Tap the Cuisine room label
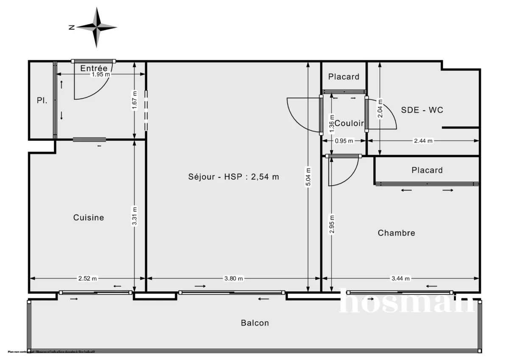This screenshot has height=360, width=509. click(x=89, y=218)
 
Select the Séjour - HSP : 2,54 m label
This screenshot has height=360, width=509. click(x=234, y=177)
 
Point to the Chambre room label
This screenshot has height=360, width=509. click(x=396, y=233)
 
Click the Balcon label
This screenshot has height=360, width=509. click(x=255, y=323)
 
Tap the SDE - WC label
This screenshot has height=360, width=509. click(x=422, y=110)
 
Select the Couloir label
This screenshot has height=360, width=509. click(x=349, y=123)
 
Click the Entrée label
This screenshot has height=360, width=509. click(x=94, y=68)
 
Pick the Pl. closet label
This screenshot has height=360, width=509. click(x=42, y=101)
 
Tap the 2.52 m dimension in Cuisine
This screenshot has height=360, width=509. click(x=88, y=279)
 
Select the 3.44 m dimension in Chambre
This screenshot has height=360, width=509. click(x=401, y=279)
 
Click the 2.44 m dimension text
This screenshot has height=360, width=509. click(x=423, y=141)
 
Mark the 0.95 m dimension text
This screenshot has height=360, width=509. click(x=344, y=141)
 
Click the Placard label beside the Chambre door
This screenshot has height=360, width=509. click(x=427, y=170)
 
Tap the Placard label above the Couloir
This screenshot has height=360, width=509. click(x=344, y=77)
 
